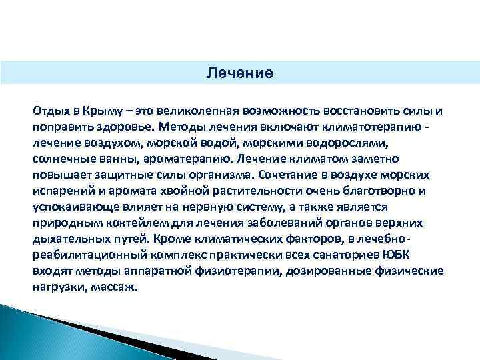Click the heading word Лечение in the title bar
coord(239,72)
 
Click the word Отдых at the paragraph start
coord(50,110)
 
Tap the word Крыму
coord(99,110)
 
